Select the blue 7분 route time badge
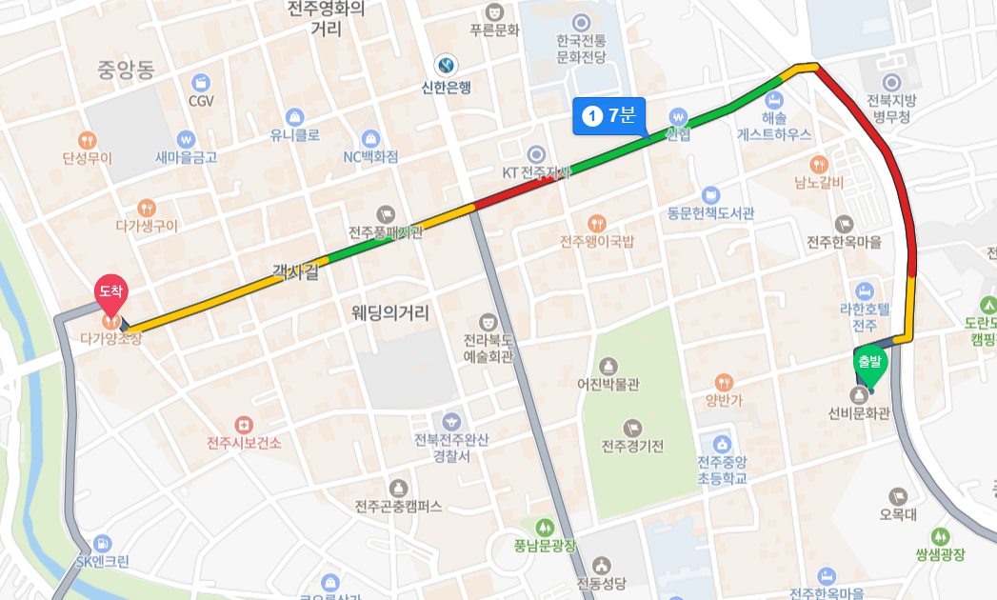point(609,115)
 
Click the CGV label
point(201,101)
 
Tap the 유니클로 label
point(295,135)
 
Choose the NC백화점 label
point(371,156)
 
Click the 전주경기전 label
point(632,447)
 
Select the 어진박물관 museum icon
point(608,366)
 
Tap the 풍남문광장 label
point(545,546)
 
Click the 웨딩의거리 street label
point(390,312)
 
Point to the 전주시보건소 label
point(245,443)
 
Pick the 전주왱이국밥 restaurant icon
point(596,223)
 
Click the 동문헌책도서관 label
point(710,213)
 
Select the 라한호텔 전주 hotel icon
point(864,290)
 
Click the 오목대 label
point(898,515)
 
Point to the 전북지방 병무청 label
point(891,108)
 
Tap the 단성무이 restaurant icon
point(88,139)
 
